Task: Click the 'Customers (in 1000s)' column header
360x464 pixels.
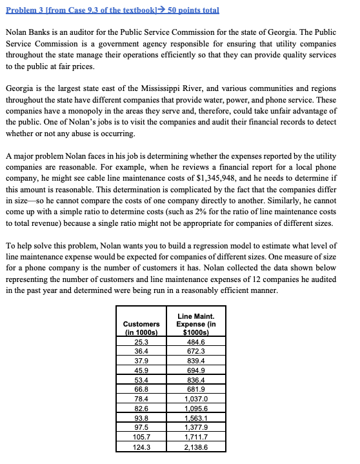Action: (141, 328)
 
